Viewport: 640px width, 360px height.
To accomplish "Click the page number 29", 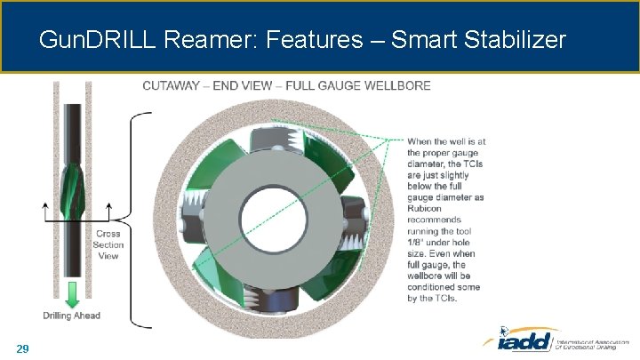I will pos(22,348).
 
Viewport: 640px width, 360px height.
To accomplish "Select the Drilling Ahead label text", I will pos(71,316).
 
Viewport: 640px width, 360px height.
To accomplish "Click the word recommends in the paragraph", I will pos(436,220).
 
